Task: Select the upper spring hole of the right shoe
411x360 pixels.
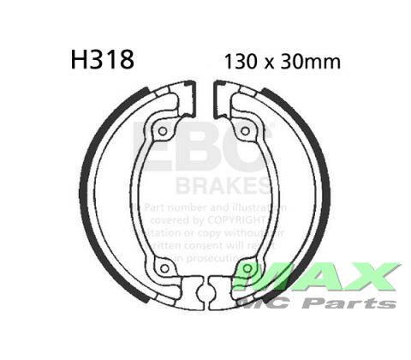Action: tap(245, 132)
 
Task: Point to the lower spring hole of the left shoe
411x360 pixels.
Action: tap(164, 268)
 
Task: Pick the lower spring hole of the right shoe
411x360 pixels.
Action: tap(247, 268)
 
